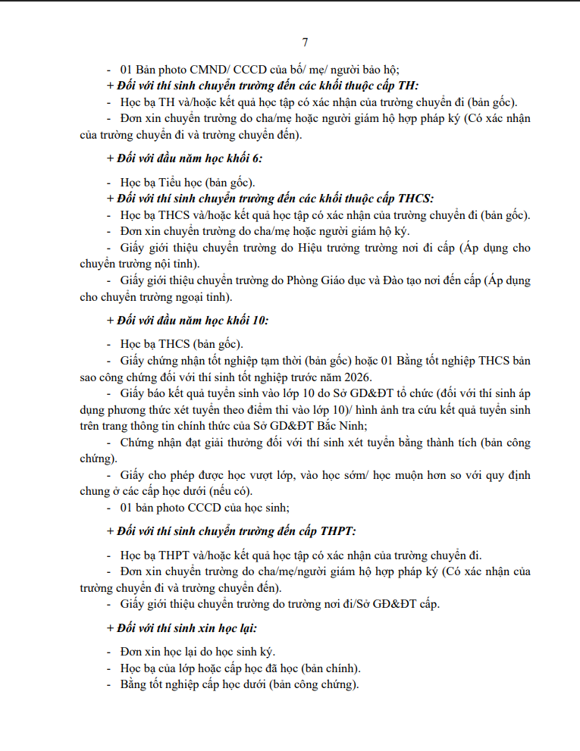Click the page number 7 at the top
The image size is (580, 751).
305,42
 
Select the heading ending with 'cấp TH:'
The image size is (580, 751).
263,86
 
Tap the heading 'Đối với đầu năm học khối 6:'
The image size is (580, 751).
184,158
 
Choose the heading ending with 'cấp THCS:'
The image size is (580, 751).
271,199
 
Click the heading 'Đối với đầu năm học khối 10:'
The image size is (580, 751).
187,320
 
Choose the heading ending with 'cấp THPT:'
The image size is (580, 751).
231,530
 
